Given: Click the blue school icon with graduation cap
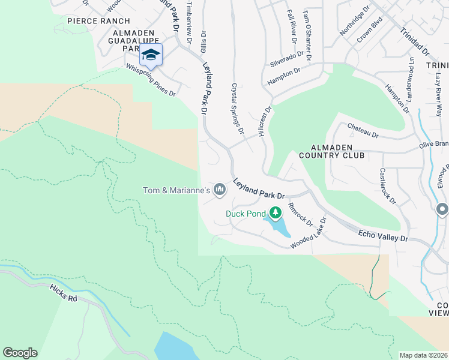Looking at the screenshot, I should (151, 55).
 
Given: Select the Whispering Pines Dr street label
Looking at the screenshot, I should (151, 81).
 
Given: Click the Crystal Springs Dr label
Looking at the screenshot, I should (237, 108).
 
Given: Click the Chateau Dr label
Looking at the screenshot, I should (363, 131).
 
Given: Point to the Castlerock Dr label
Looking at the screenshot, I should (387, 185).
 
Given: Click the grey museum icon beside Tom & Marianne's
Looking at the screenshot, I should (220, 190).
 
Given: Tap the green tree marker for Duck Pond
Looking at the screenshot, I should (276, 212).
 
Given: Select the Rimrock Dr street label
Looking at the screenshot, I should (301, 215).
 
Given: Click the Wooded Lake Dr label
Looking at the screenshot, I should (308, 235).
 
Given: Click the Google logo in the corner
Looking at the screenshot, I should (20, 353).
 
